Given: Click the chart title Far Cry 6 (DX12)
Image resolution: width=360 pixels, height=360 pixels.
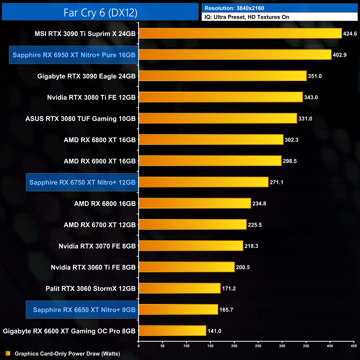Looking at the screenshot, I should [100, 13].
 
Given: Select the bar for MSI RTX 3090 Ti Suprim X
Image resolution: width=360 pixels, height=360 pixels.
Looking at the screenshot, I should [240, 34].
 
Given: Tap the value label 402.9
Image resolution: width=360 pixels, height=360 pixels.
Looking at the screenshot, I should [340, 55].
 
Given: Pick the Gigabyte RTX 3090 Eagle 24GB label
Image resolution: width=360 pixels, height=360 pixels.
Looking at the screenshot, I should [86, 76].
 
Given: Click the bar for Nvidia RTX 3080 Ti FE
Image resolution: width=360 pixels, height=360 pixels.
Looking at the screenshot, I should [221, 97].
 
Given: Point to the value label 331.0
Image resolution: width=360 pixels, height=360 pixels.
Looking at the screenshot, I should [305, 119].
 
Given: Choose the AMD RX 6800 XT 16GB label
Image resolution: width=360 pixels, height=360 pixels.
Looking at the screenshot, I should [100, 140].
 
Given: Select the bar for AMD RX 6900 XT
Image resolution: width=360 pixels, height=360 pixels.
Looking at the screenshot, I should [210, 161].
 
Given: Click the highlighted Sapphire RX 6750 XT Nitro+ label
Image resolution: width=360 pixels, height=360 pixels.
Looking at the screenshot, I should [82, 182].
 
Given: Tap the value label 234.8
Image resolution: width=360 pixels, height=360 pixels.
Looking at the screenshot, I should [259, 204].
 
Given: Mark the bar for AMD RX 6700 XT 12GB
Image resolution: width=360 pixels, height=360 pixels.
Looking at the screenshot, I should [192, 225].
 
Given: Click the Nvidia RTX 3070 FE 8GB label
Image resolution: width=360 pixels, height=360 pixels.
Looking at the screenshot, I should [97, 246].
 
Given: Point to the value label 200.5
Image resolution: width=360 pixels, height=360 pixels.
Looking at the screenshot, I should [243, 267].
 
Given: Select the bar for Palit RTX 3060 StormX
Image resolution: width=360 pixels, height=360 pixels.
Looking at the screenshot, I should [179, 288].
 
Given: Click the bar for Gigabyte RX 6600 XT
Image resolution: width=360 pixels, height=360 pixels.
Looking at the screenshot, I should [172, 331].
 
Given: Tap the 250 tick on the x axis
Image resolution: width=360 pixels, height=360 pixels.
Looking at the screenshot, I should [258, 346].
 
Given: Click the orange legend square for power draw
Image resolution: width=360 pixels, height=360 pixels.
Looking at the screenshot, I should [8, 354].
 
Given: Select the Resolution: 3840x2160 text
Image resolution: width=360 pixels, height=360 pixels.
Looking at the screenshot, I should [234, 8].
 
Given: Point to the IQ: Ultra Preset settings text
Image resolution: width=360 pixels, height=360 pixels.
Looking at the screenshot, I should [247, 17].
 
